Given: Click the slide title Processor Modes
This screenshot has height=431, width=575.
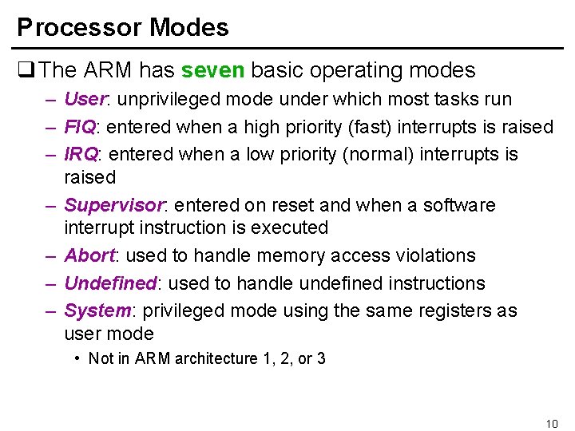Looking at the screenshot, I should click(x=123, y=28).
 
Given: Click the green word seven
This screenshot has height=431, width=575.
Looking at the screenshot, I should click(x=213, y=70).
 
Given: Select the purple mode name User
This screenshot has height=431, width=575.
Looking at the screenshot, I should click(x=85, y=99).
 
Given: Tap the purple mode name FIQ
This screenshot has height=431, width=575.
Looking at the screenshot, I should click(x=80, y=127).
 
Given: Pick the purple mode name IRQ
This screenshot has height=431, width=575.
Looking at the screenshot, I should click(x=81, y=154).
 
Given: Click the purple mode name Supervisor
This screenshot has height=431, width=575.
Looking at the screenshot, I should click(x=113, y=205).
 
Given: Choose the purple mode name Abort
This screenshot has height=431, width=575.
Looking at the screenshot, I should click(x=89, y=255).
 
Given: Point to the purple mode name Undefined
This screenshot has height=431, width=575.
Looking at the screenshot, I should click(x=109, y=283).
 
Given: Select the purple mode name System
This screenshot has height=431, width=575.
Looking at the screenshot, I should click(x=97, y=310).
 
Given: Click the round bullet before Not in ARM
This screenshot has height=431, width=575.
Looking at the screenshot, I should click(x=77, y=358).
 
